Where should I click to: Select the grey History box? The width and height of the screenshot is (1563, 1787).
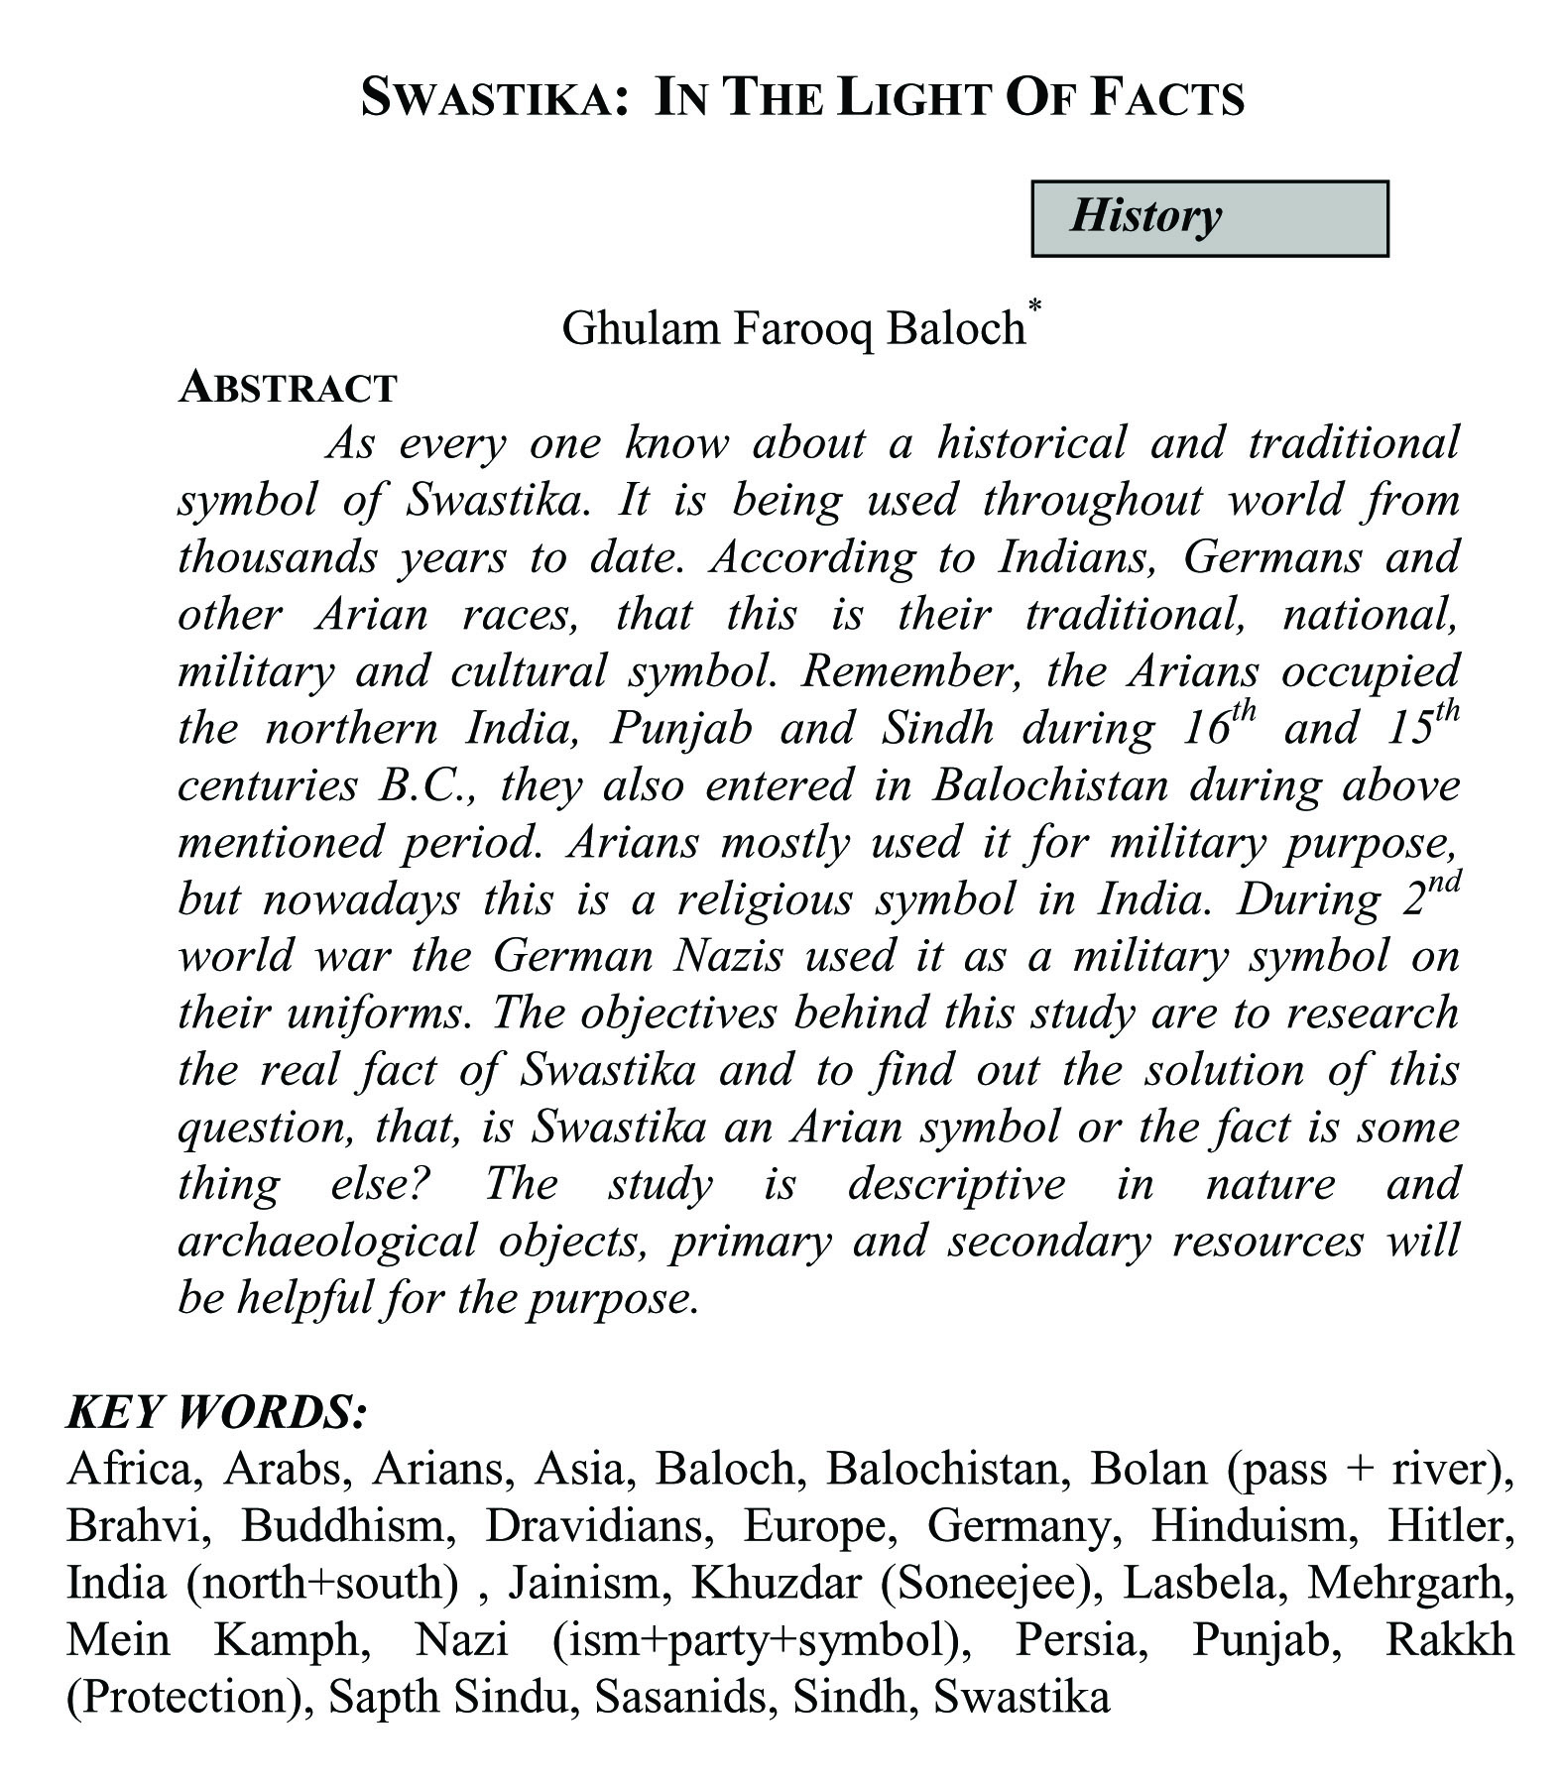click(1209, 218)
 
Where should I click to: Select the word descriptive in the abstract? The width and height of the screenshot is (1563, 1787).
click(956, 1184)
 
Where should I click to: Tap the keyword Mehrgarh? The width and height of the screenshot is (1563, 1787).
click(1411, 1583)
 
